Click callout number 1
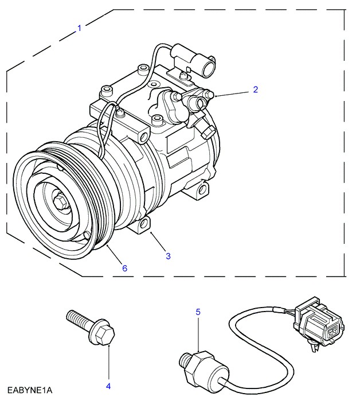(x=79, y=27)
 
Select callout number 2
(x=256, y=90)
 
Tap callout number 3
(x=168, y=256)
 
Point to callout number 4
(x=108, y=386)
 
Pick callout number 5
(x=198, y=312)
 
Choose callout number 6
(x=124, y=268)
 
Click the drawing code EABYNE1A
(x=30, y=391)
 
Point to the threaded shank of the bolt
(x=77, y=318)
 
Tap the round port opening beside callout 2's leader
(x=199, y=103)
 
